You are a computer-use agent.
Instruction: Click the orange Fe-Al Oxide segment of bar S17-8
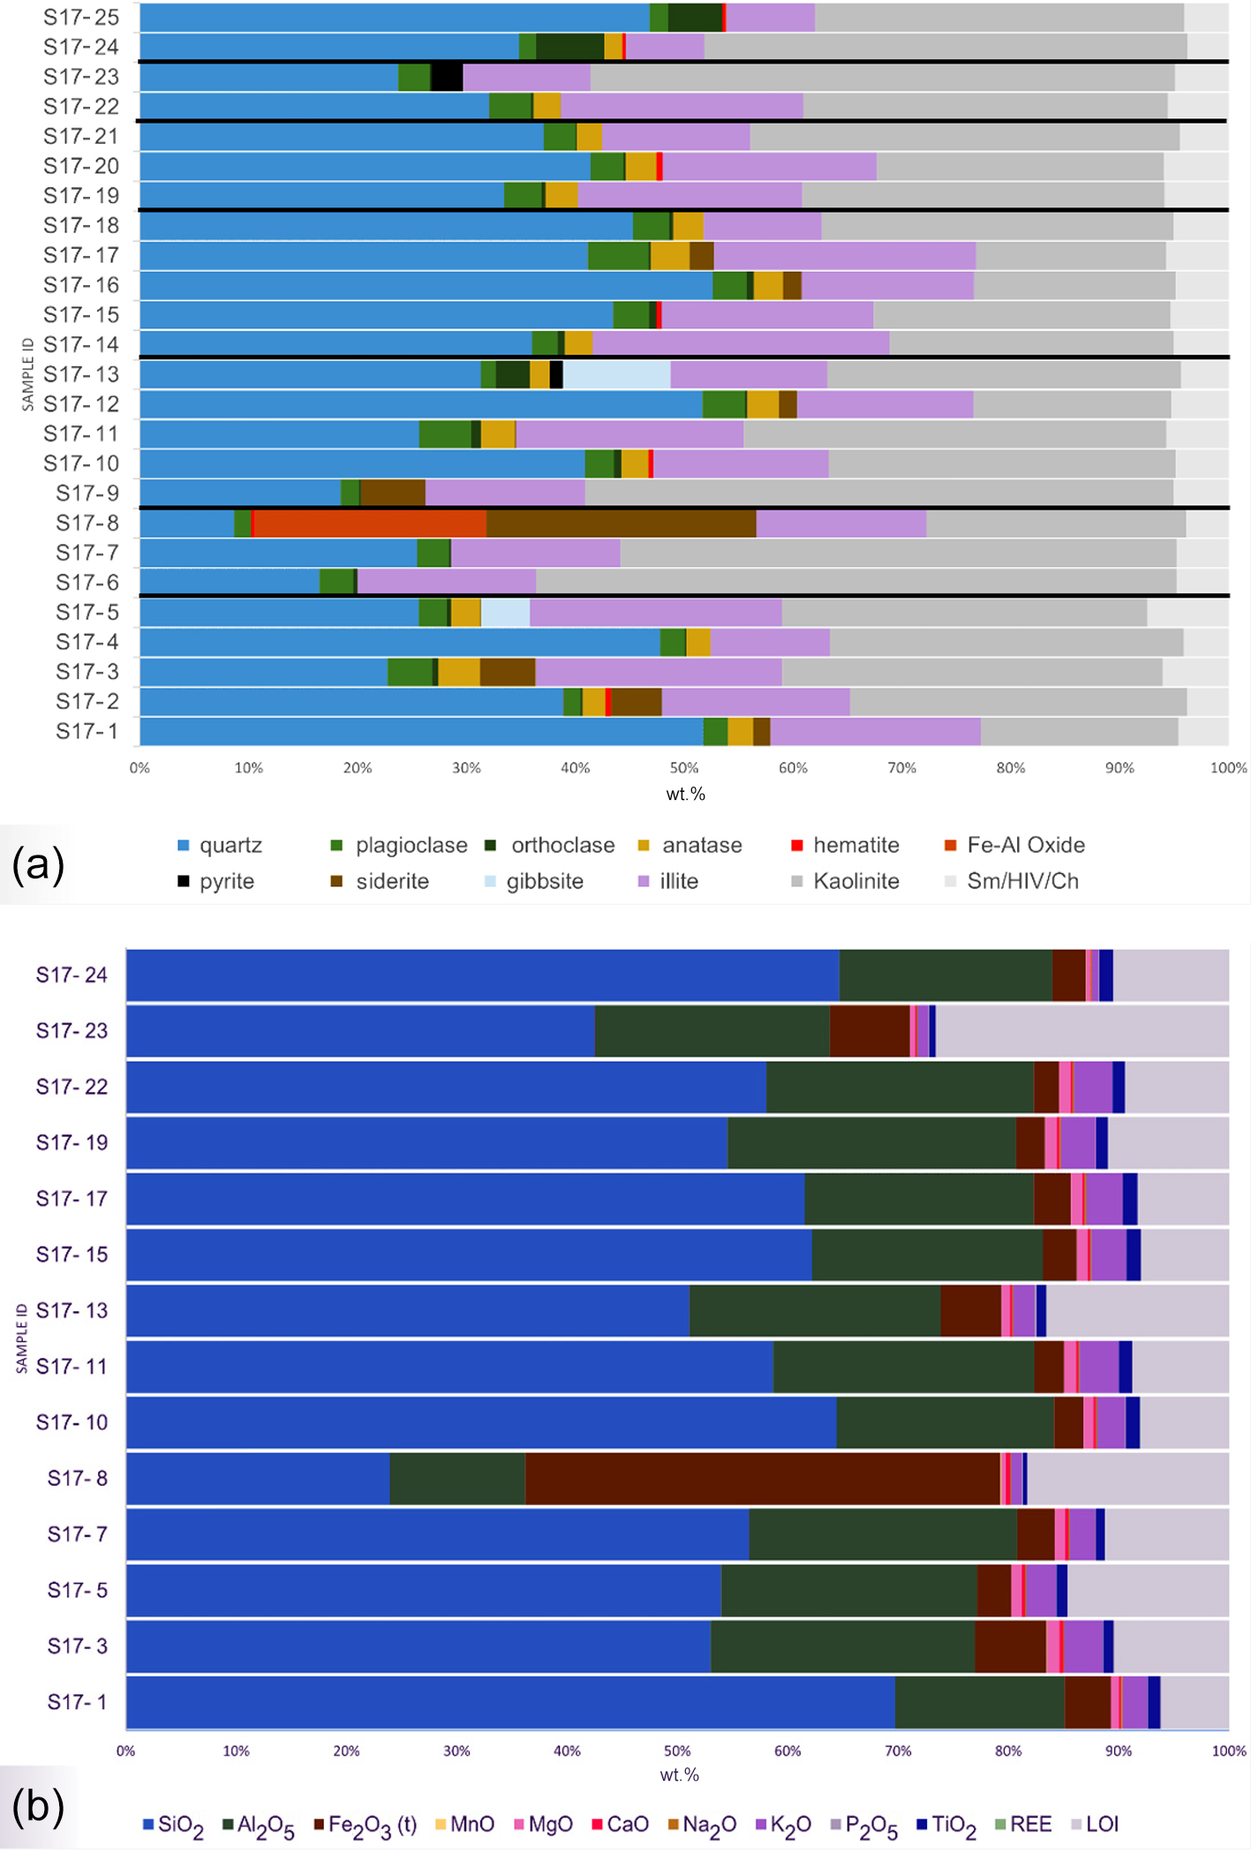(x=369, y=523)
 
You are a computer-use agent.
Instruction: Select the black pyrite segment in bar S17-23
(x=447, y=77)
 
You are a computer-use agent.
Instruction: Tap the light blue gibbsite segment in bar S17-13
(x=616, y=374)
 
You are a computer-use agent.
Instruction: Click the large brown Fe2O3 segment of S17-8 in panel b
(x=763, y=1478)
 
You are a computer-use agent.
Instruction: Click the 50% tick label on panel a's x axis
(x=684, y=768)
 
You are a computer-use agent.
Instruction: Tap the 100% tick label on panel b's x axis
(x=1228, y=1751)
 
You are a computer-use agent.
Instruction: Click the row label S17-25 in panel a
(x=81, y=17)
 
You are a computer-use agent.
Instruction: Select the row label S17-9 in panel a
(x=87, y=493)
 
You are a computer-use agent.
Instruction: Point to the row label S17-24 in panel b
(x=72, y=975)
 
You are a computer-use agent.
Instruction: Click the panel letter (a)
(x=38, y=865)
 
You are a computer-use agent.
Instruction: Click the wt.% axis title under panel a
(x=685, y=794)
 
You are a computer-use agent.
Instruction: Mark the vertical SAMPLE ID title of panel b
(x=22, y=1338)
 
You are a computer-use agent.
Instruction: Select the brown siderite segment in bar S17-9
(x=392, y=493)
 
